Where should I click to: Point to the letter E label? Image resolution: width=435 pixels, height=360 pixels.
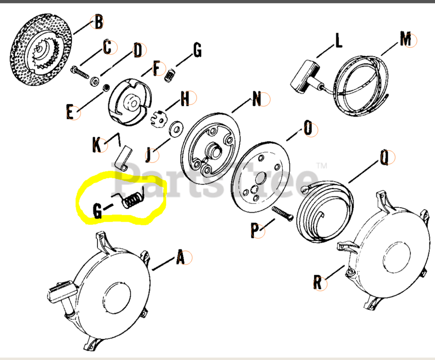point(70,113)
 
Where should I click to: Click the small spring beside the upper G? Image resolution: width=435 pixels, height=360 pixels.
point(171,74)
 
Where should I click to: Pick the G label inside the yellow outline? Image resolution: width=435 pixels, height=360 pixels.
point(97,211)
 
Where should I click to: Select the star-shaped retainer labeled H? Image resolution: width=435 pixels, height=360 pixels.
point(159,118)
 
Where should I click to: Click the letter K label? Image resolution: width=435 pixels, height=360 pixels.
point(97,145)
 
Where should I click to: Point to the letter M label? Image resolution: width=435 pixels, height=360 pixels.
point(405,39)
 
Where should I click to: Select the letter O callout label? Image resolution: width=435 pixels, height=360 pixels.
point(308,128)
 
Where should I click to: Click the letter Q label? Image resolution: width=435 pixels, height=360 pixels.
point(384,158)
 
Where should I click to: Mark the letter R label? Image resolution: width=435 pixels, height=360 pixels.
point(317,282)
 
